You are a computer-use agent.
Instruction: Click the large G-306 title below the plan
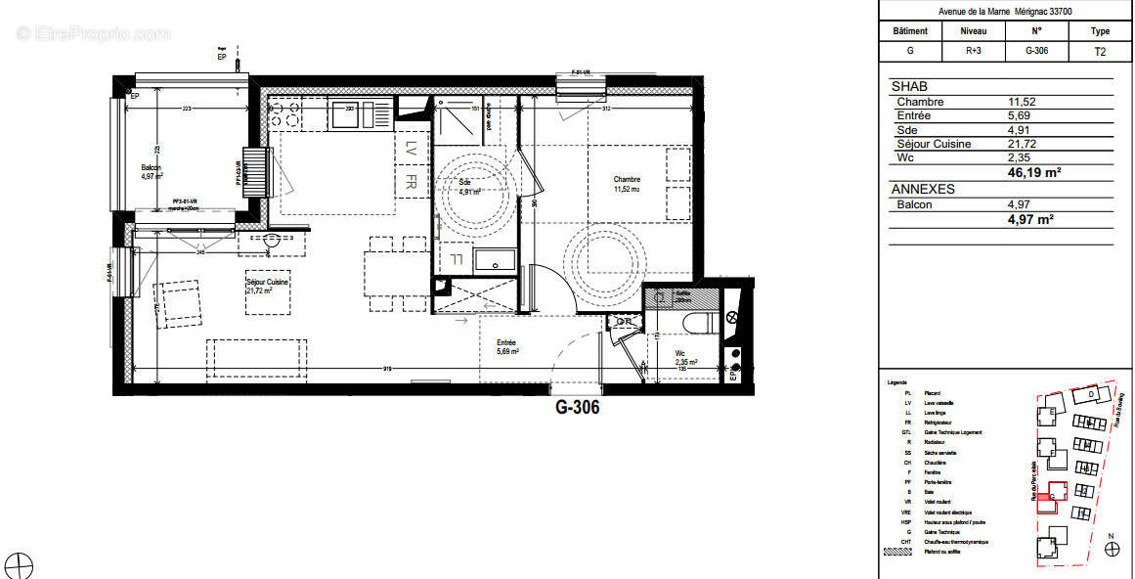(577, 408)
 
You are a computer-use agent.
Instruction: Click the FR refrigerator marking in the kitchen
(412, 182)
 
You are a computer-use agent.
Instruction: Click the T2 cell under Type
(1101, 52)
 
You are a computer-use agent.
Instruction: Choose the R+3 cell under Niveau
(974, 52)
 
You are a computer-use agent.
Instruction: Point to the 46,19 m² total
(1033, 172)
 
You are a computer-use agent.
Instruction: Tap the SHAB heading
(909, 87)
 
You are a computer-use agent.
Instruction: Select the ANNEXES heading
(923, 189)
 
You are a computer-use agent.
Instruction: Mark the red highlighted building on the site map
(1054, 491)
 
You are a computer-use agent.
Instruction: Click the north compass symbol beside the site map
(1111, 549)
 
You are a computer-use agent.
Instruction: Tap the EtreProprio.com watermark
(93, 33)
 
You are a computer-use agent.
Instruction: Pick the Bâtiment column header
(910, 31)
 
